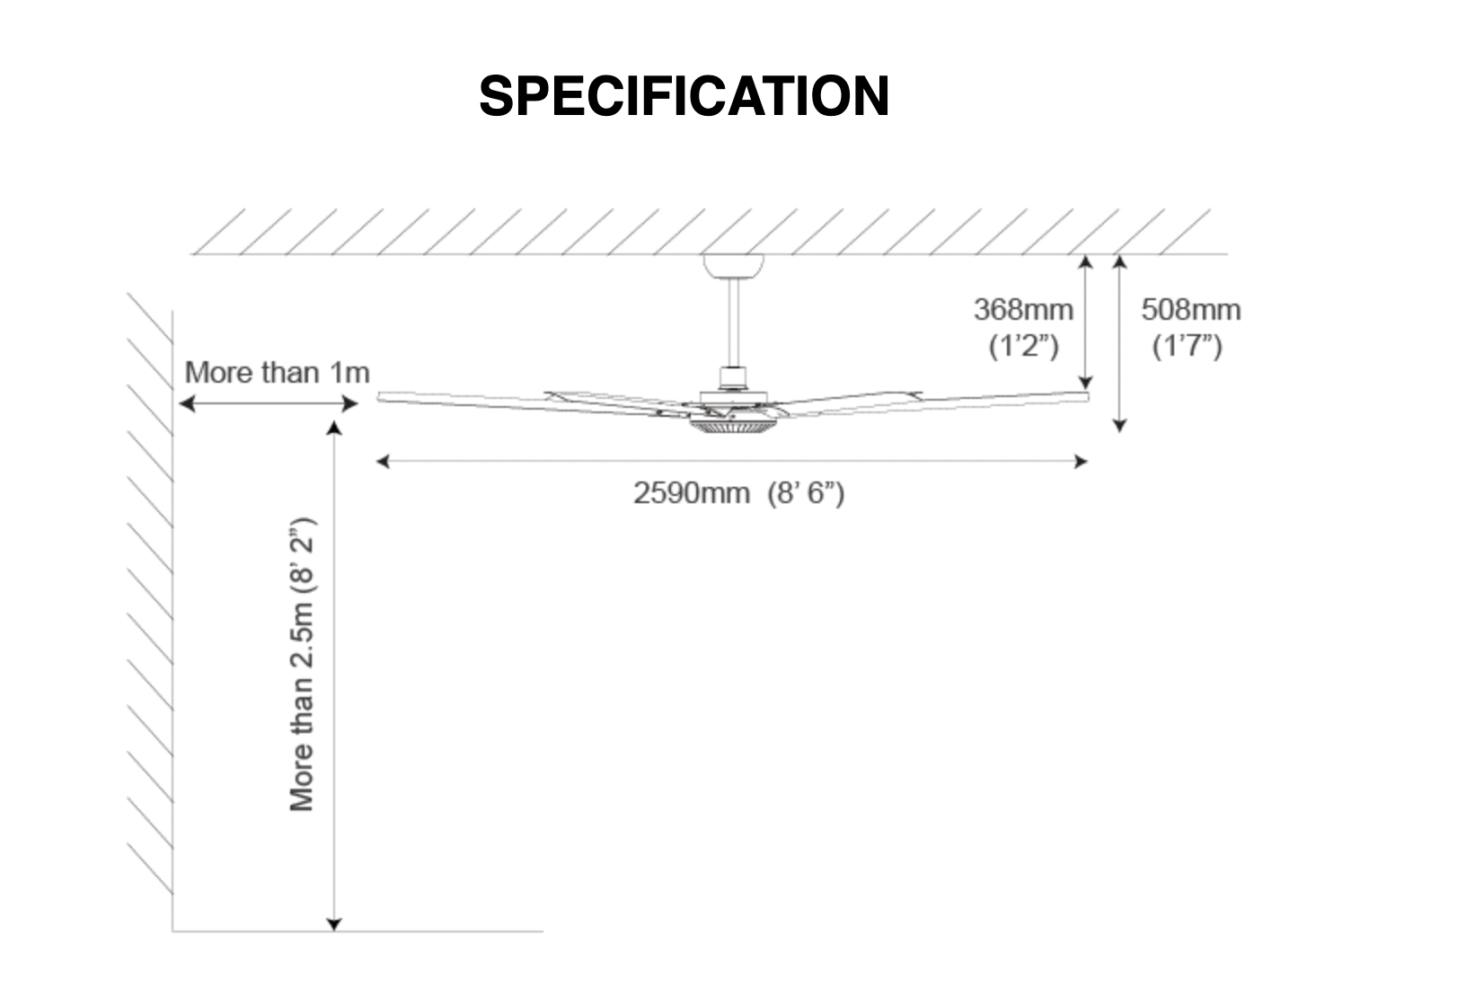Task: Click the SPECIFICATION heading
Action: (x=684, y=95)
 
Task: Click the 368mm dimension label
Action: (x=1023, y=310)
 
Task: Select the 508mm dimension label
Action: (x=1191, y=310)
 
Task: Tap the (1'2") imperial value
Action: (x=1024, y=346)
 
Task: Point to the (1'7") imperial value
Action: (x=1187, y=346)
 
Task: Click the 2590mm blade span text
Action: (x=692, y=493)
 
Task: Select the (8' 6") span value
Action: (x=806, y=493)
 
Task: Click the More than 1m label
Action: (x=277, y=373)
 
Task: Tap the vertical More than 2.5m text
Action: (x=302, y=664)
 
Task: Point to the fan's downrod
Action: (x=733, y=323)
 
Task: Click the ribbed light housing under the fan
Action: (x=733, y=426)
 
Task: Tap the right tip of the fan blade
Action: (x=1087, y=397)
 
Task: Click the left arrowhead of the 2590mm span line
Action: (x=383, y=461)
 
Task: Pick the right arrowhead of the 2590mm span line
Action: (x=1081, y=461)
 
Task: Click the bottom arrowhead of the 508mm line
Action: (x=1119, y=426)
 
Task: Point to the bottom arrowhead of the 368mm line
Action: (x=1085, y=384)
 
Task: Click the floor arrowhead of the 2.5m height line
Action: (x=333, y=924)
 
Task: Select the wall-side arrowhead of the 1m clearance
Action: (x=187, y=404)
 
